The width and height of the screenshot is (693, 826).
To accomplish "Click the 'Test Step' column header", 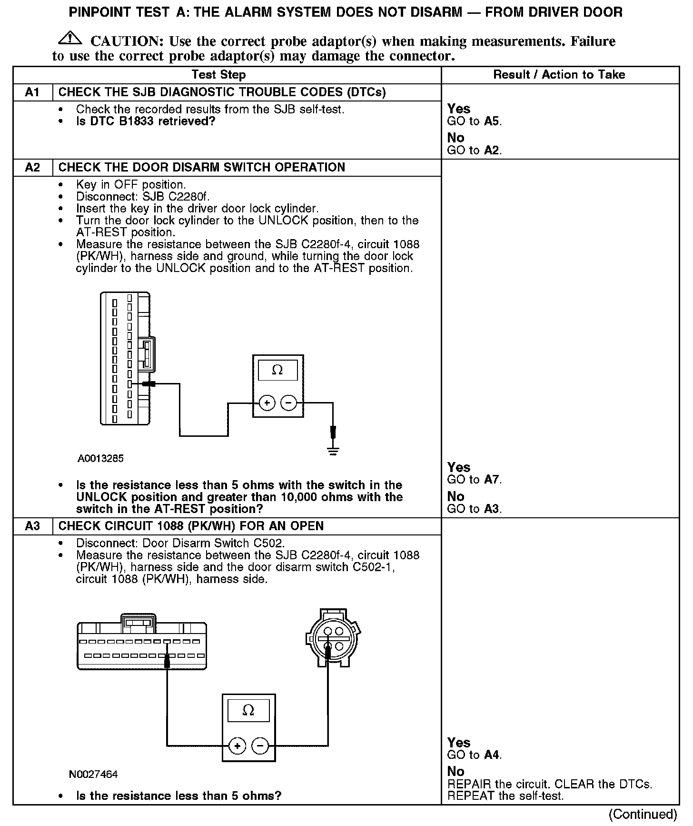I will point(218,75).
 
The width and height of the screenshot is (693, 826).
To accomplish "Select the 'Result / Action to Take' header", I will point(559,74).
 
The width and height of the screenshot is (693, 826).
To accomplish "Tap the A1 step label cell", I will point(32,92).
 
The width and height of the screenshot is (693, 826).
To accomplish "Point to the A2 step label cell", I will point(32,167).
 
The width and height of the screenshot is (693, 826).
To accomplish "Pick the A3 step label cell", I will point(32,526).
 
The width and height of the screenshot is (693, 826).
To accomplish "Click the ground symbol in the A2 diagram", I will point(333,451).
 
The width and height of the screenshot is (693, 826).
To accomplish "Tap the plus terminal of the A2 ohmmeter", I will point(267,403).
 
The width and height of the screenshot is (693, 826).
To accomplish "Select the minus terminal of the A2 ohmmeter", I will point(288,403).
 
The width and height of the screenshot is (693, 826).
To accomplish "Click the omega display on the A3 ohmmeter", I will point(248,711).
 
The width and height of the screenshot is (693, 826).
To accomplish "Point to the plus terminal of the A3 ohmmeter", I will point(237,745).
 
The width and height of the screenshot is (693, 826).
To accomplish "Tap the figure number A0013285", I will point(101,458).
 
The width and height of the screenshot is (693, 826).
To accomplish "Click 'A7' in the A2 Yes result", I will point(492,480).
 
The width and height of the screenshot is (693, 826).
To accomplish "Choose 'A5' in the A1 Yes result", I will point(492,121).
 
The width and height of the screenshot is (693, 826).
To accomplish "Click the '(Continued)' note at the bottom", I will point(643,814).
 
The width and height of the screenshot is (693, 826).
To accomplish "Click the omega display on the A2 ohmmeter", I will point(277,370).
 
